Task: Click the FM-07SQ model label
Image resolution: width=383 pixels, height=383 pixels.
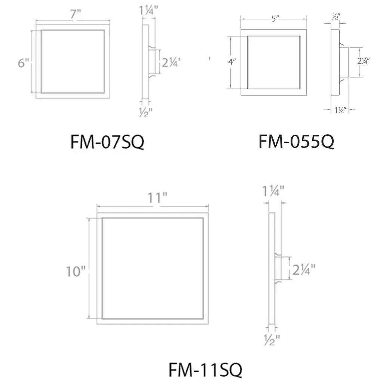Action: coord(107,142)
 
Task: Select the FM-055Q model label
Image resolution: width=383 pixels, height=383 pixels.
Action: coord(296,141)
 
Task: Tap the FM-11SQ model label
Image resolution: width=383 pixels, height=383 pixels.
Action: coord(205,370)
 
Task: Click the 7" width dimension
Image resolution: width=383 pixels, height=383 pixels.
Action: coord(76,14)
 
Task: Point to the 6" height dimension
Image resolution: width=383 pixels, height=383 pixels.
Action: coord(24,63)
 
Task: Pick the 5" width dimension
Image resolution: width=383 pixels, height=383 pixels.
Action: coord(275,19)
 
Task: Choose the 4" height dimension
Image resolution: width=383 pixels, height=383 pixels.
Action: coord(232,62)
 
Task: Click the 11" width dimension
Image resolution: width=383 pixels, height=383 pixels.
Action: coord(157,198)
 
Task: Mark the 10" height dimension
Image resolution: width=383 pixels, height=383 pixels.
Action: coord(76,272)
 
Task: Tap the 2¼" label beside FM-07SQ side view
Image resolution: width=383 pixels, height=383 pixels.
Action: coord(171,62)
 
